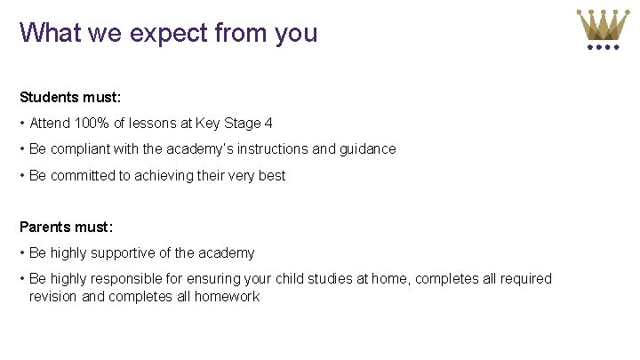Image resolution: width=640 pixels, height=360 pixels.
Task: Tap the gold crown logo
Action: pyautogui.click(x=603, y=28)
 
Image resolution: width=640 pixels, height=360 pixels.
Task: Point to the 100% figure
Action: pyautogui.click(x=93, y=124)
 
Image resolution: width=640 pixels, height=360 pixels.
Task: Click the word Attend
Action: pyautogui.click(x=51, y=124)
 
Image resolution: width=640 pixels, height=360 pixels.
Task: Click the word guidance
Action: pyautogui.click(x=367, y=149)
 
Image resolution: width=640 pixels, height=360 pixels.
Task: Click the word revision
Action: pyautogui.click(x=53, y=297)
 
